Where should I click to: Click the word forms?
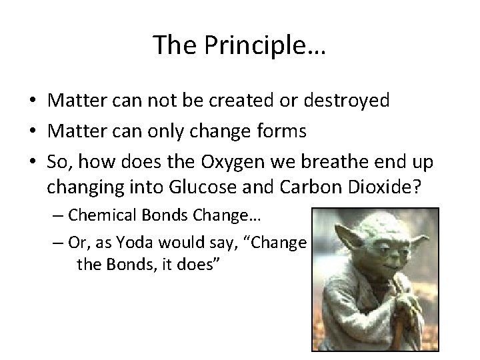[x=280, y=131]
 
